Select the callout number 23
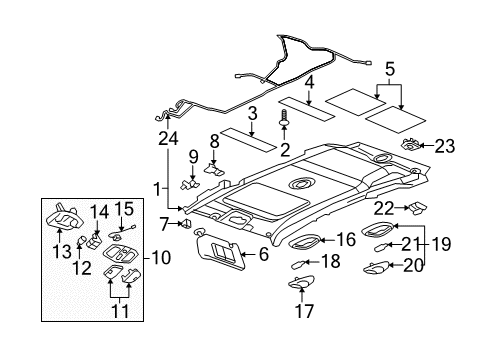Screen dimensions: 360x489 pyautogui.click(x=444, y=146)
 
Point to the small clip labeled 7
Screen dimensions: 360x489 pyautogui.click(x=185, y=223)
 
